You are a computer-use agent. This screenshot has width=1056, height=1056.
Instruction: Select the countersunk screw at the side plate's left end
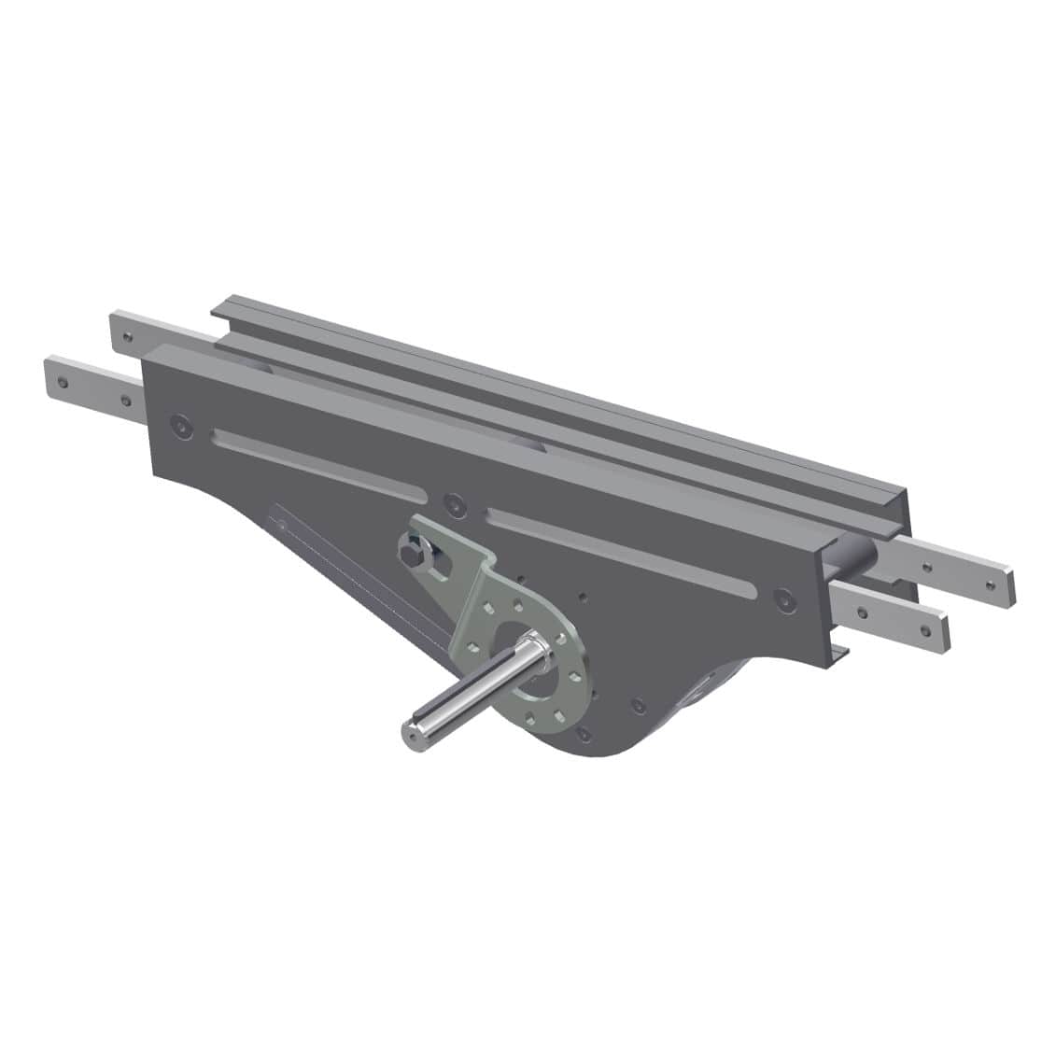179,426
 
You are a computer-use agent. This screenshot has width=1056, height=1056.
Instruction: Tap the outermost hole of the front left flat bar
61,381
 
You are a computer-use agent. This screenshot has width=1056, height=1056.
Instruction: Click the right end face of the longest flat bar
1010,585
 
